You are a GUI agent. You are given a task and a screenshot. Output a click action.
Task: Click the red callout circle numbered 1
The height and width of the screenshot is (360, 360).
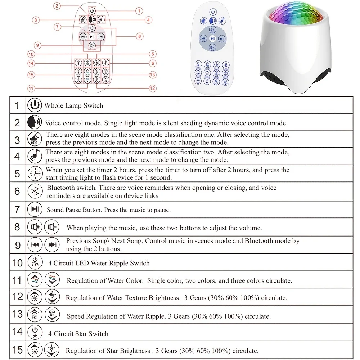pyautogui.click(x=139, y=11)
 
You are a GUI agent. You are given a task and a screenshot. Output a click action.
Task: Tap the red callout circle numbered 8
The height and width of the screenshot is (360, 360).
pyautogui.click(x=140, y=36)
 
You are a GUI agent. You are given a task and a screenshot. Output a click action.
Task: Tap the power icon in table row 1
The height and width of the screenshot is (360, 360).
pyautogui.click(x=34, y=105)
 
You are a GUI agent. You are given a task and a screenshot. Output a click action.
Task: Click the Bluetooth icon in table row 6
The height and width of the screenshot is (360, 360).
pyautogui.click(x=35, y=192)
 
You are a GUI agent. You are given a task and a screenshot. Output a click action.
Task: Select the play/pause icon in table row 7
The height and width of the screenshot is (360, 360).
pyautogui.click(x=35, y=209)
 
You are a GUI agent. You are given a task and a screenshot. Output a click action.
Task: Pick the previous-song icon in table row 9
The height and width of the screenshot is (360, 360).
pyautogui.click(x=35, y=245)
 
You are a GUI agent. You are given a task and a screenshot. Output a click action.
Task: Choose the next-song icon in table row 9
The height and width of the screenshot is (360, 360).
pyautogui.click(x=51, y=245)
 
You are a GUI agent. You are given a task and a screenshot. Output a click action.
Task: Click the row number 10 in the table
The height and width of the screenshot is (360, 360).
pyautogui.click(x=17, y=263)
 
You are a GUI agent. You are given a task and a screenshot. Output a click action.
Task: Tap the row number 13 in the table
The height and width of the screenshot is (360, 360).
pyautogui.click(x=17, y=314)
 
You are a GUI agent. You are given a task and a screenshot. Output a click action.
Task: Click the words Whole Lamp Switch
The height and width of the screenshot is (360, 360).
pyautogui.click(x=73, y=106)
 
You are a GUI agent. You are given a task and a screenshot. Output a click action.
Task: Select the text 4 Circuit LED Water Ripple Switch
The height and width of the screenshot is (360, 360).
pyautogui.click(x=99, y=263)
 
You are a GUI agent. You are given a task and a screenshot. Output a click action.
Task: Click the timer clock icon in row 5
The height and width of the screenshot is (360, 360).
pyautogui.click(x=35, y=174)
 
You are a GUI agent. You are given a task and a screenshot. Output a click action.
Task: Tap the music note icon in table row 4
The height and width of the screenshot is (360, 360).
pyautogui.click(x=35, y=156)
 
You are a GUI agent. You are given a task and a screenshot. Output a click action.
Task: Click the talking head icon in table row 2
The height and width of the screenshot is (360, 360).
pyautogui.click(x=34, y=123)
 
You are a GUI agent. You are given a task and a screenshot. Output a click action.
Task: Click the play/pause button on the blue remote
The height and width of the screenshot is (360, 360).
pyautogui.click(x=213, y=38)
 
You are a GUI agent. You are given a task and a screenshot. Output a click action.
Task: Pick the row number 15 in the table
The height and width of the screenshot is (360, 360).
pyautogui.click(x=17, y=350)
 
